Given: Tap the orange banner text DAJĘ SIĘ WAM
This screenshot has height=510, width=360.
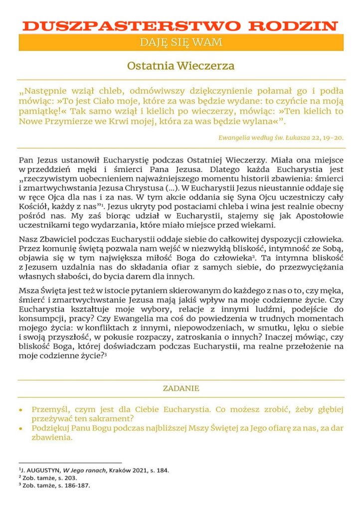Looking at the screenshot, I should [x=181, y=42].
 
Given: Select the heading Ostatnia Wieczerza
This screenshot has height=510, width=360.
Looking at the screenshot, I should [x=180, y=65].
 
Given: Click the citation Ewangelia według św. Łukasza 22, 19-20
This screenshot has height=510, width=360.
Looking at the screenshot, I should [x=281, y=137].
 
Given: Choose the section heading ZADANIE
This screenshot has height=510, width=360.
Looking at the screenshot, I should [x=181, y=388].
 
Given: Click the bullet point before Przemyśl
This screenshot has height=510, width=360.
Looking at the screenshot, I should [x=20, y=409].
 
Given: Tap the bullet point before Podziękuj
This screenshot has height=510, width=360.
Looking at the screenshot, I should [x=20, y=428].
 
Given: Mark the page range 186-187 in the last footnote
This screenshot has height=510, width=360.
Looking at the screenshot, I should [x=77, y=485].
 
